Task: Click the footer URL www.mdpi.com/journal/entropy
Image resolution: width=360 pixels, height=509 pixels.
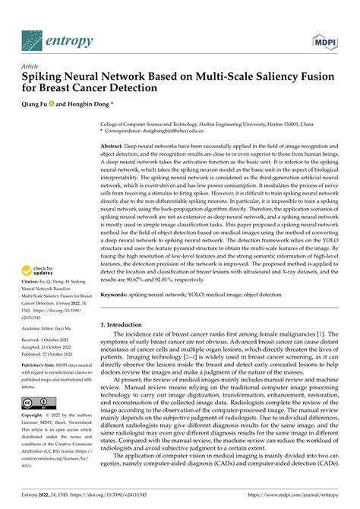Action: point(297,501)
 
